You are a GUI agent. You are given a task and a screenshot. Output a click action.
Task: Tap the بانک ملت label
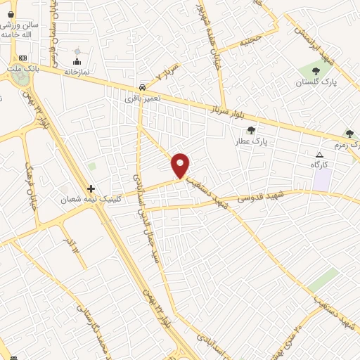(22, 68)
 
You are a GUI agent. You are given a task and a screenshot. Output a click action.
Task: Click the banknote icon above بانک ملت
(22, 58)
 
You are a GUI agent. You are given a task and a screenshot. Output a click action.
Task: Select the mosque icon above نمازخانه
(77, 61)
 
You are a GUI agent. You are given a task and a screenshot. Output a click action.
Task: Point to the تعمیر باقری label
(143, 98)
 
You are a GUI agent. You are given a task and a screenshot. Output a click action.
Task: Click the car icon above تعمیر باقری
(143, 87)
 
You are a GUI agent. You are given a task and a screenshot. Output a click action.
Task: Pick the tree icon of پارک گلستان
(315, 70)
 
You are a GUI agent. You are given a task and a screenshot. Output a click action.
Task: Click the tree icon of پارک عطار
(251, 130)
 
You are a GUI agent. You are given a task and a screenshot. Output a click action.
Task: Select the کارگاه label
(320, 164)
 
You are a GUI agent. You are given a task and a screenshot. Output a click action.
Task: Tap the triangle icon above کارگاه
(320, 154)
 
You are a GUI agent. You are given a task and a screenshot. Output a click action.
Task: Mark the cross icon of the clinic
(91, 188)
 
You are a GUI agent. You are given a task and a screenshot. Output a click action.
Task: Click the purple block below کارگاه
(322, 178)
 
